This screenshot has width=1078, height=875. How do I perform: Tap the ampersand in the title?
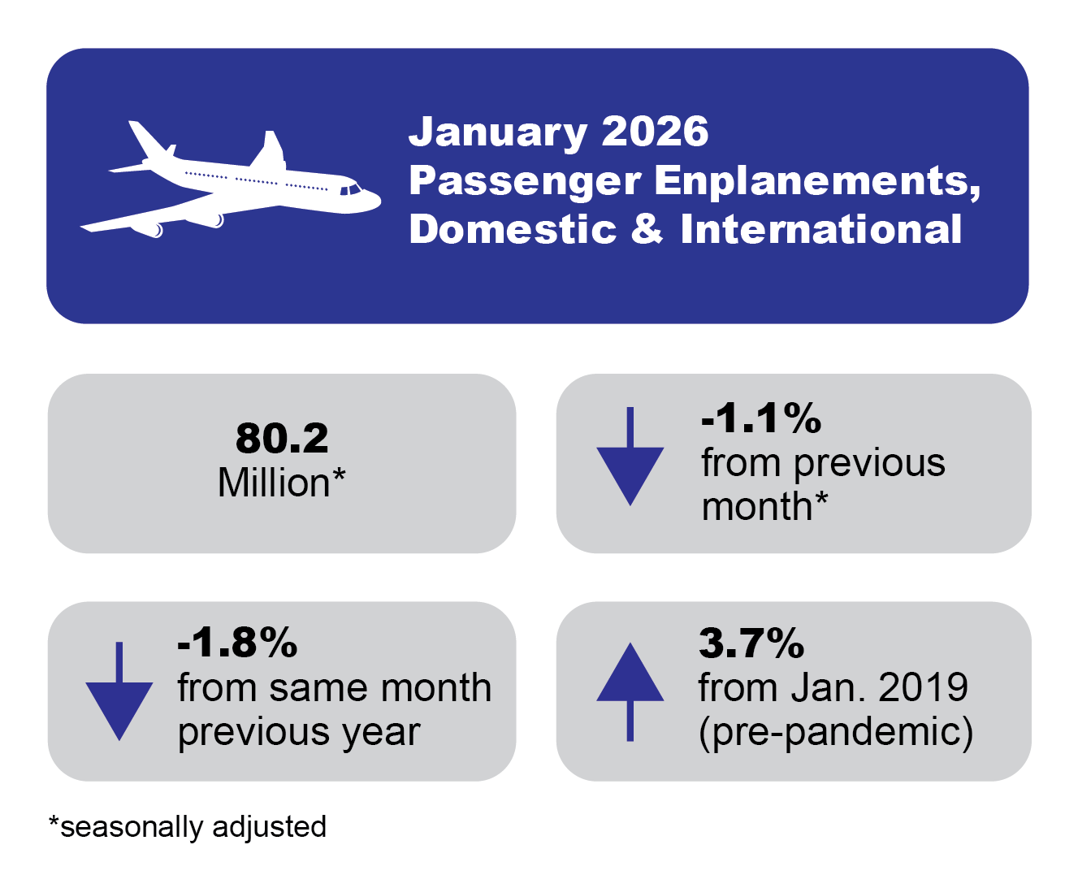point(647,229)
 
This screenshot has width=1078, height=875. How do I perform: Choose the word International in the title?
point(820,229)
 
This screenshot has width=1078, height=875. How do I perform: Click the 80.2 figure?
point(282,439)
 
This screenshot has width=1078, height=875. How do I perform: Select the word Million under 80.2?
point(274,483)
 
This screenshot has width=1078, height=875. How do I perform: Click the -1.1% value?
point(761,418)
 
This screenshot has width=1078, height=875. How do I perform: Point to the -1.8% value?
point(237,643)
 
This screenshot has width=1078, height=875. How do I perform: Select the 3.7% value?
point(751,643)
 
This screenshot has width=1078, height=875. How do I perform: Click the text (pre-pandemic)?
point(836,731)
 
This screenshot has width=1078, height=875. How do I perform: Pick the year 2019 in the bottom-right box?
point(924,687)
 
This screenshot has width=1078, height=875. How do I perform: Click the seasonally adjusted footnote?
point(188,826)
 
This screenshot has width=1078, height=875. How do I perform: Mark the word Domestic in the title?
point(513,229)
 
